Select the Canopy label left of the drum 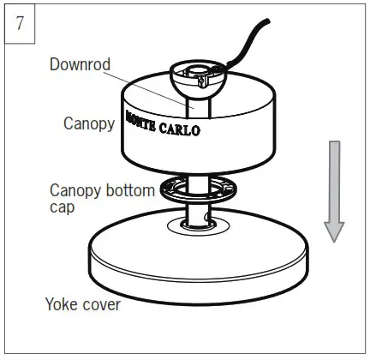(88, 123)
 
